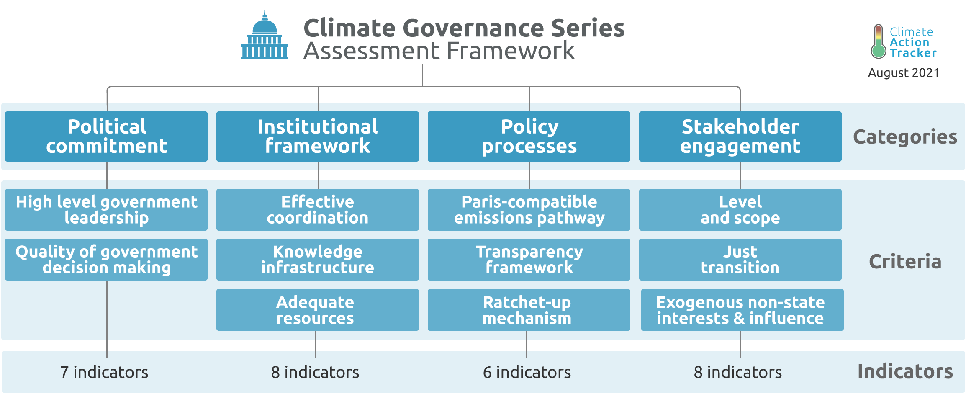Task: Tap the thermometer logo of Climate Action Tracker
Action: pos(878,41)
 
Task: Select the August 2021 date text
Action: pos(904,73)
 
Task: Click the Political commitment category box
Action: pos(106,136)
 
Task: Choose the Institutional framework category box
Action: pos(318,136)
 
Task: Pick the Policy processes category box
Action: pos(529,136)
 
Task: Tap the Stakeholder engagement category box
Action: pos(740,136)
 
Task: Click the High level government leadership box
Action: pos(106,210)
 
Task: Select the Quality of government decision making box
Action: pos(106,260)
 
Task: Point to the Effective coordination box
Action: pos(318,210)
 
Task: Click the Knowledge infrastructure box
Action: pos(318,260)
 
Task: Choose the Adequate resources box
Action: pos(318,310)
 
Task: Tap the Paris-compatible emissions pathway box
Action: pos(529,210)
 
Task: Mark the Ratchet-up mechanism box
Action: pos(529,310)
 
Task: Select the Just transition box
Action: pos(740,260)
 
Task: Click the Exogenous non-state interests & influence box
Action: pos(742,310)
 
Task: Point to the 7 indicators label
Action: pos(104,372)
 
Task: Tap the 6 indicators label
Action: pos(527,372)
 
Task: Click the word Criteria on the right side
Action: pos(905,262)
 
